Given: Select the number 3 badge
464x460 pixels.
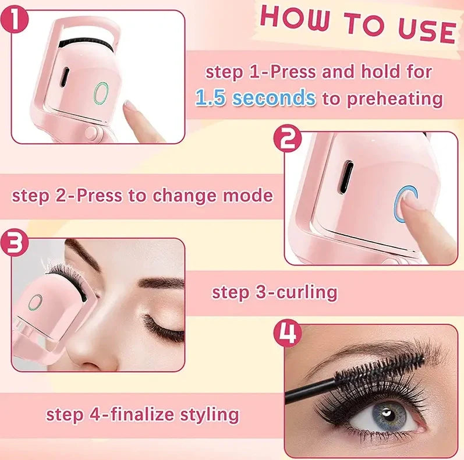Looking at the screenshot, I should click(17, 244).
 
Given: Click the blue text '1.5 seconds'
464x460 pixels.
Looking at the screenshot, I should click(255, 98).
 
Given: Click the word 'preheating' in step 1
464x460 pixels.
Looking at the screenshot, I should click(394, 98).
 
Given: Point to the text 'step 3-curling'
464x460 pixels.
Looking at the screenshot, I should click(274, 292).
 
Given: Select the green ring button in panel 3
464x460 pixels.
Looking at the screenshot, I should click(36, 302).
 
